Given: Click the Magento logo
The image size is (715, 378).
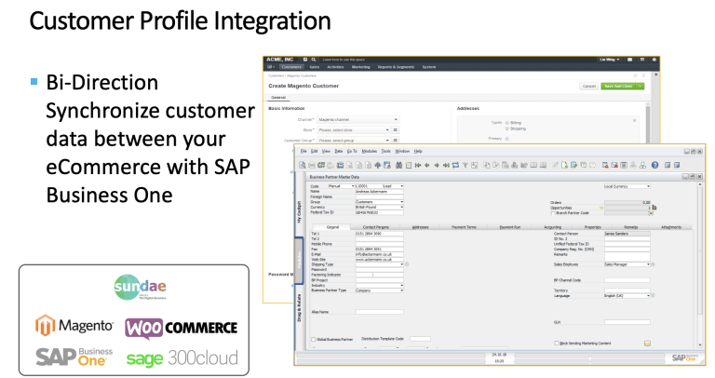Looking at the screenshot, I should tap(74, 327).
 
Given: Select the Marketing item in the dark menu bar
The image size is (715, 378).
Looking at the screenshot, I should tap(360, 67).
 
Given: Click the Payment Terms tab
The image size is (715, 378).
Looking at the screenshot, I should tap(465, 226).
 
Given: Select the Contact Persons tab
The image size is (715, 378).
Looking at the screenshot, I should tap(376, 226).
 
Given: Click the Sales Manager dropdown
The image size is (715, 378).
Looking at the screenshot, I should tap(627, 264).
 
